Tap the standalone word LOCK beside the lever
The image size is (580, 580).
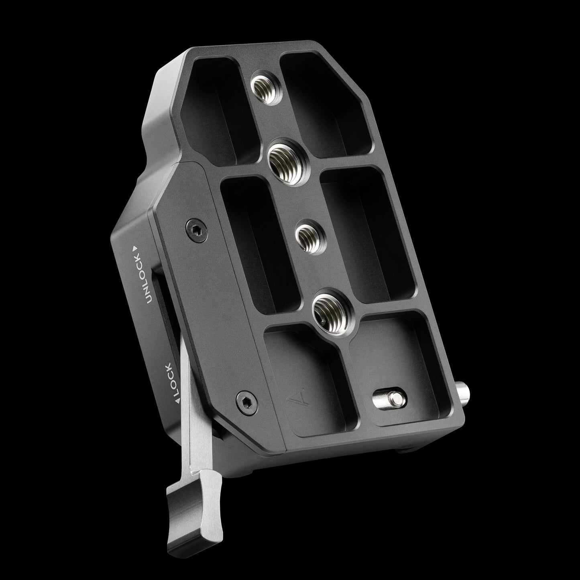point(173,379)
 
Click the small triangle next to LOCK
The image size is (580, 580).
point(177,401)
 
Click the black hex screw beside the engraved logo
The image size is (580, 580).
point(247,403)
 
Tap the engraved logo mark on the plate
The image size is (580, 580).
point(296,398)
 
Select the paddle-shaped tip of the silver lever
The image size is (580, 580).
point(194,500)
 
